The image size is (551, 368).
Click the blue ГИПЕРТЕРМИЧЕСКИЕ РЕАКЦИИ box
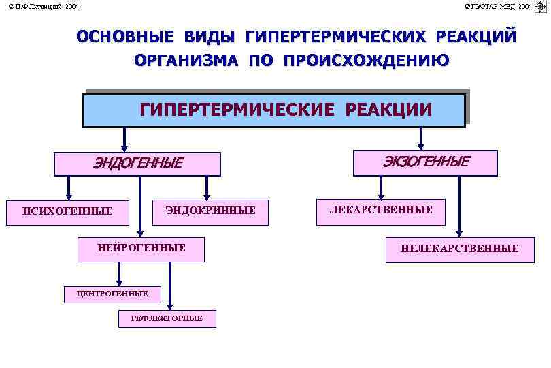click(273, 110)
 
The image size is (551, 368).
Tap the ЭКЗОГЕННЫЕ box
click(425, 163)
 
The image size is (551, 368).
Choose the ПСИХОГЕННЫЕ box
click(67, 211)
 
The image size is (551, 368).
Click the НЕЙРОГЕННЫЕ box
click(141, 249)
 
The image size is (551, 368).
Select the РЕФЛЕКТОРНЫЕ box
click(167, 318)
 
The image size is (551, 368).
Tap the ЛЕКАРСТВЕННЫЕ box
click(381, 211)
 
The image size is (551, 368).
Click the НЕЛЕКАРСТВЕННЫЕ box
click(460, 249)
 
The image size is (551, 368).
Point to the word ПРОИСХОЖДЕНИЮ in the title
click(366, 61)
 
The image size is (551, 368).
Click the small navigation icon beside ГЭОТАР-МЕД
click(542, 6)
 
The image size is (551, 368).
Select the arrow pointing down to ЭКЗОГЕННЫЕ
click(421, 138)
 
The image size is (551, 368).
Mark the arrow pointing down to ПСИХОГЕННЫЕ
click(69, 187)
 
